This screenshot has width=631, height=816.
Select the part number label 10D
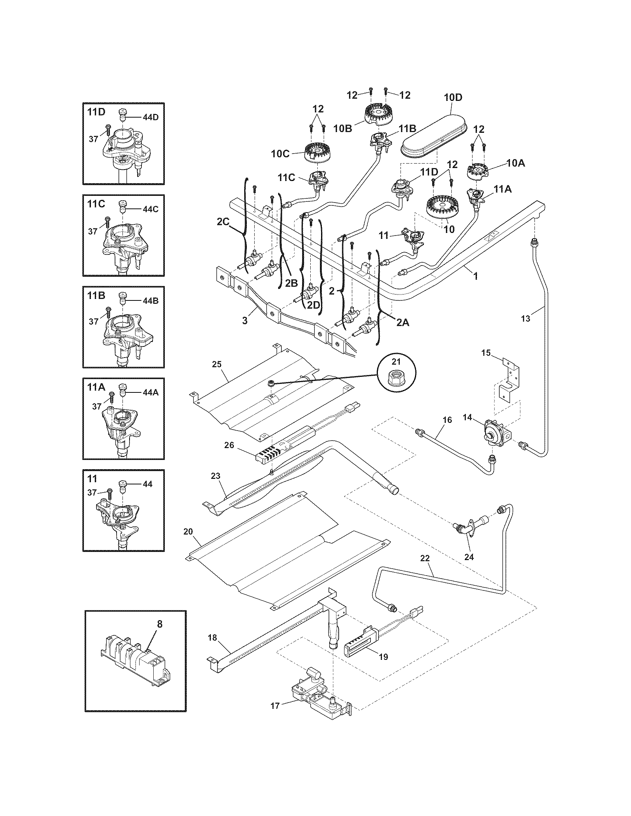point(453,98)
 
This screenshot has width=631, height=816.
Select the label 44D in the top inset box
point(150,117)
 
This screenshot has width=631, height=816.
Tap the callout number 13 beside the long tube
point(525,318)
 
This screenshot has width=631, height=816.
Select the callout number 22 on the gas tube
point(425,569)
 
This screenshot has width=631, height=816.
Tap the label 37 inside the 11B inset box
point(93,321)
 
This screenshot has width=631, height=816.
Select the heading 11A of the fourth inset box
point(96,388)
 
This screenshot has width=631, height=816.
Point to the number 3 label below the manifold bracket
point(245,320)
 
